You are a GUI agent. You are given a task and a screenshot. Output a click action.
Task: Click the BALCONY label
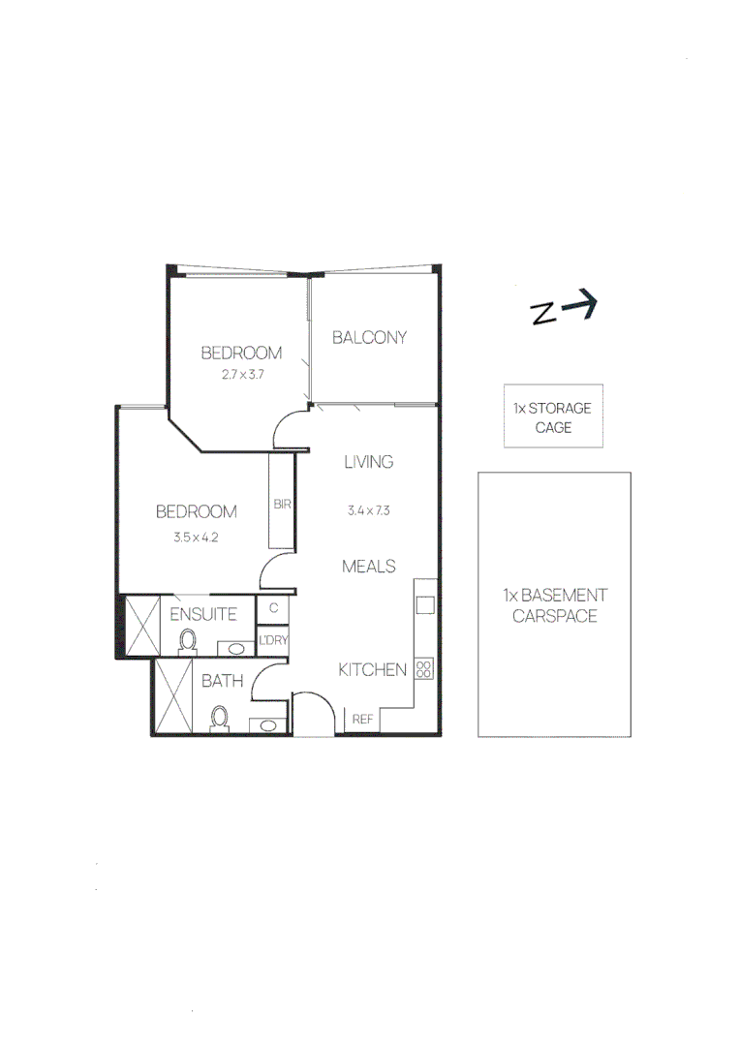coord(369,337)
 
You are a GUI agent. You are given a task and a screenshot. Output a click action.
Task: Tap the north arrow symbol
coord(564,309)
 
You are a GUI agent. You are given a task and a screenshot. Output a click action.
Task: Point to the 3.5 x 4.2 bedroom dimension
coord(197,537)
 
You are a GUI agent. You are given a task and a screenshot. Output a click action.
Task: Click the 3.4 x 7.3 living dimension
coord(369,509)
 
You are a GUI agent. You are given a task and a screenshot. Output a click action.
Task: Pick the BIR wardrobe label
coord(283,505)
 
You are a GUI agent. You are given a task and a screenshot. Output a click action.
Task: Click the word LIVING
coord(369,462)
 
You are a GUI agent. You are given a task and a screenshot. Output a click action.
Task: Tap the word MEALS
coord(369,566)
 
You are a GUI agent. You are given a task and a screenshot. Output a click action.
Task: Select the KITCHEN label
coord(371,669)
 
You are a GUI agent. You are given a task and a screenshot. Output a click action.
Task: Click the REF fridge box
coord(363,720)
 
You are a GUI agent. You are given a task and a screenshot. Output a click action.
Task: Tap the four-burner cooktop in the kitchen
coord(423,668)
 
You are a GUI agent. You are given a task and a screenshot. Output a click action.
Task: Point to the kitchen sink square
coord(424,605)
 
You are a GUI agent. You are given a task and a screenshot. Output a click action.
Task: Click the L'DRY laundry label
coord(273,640)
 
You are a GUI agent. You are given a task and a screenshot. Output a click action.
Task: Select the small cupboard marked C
coord(273,609)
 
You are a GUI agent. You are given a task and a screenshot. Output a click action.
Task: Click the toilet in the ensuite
coord(189,640)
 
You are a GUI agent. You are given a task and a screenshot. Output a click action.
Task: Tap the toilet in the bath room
coord(220,718)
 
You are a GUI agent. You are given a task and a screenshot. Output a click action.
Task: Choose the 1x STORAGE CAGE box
coord(553,416)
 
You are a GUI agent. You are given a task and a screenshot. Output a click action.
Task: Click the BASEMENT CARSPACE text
coord(554,605)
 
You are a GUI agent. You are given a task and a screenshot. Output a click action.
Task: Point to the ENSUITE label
coord(203,614)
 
